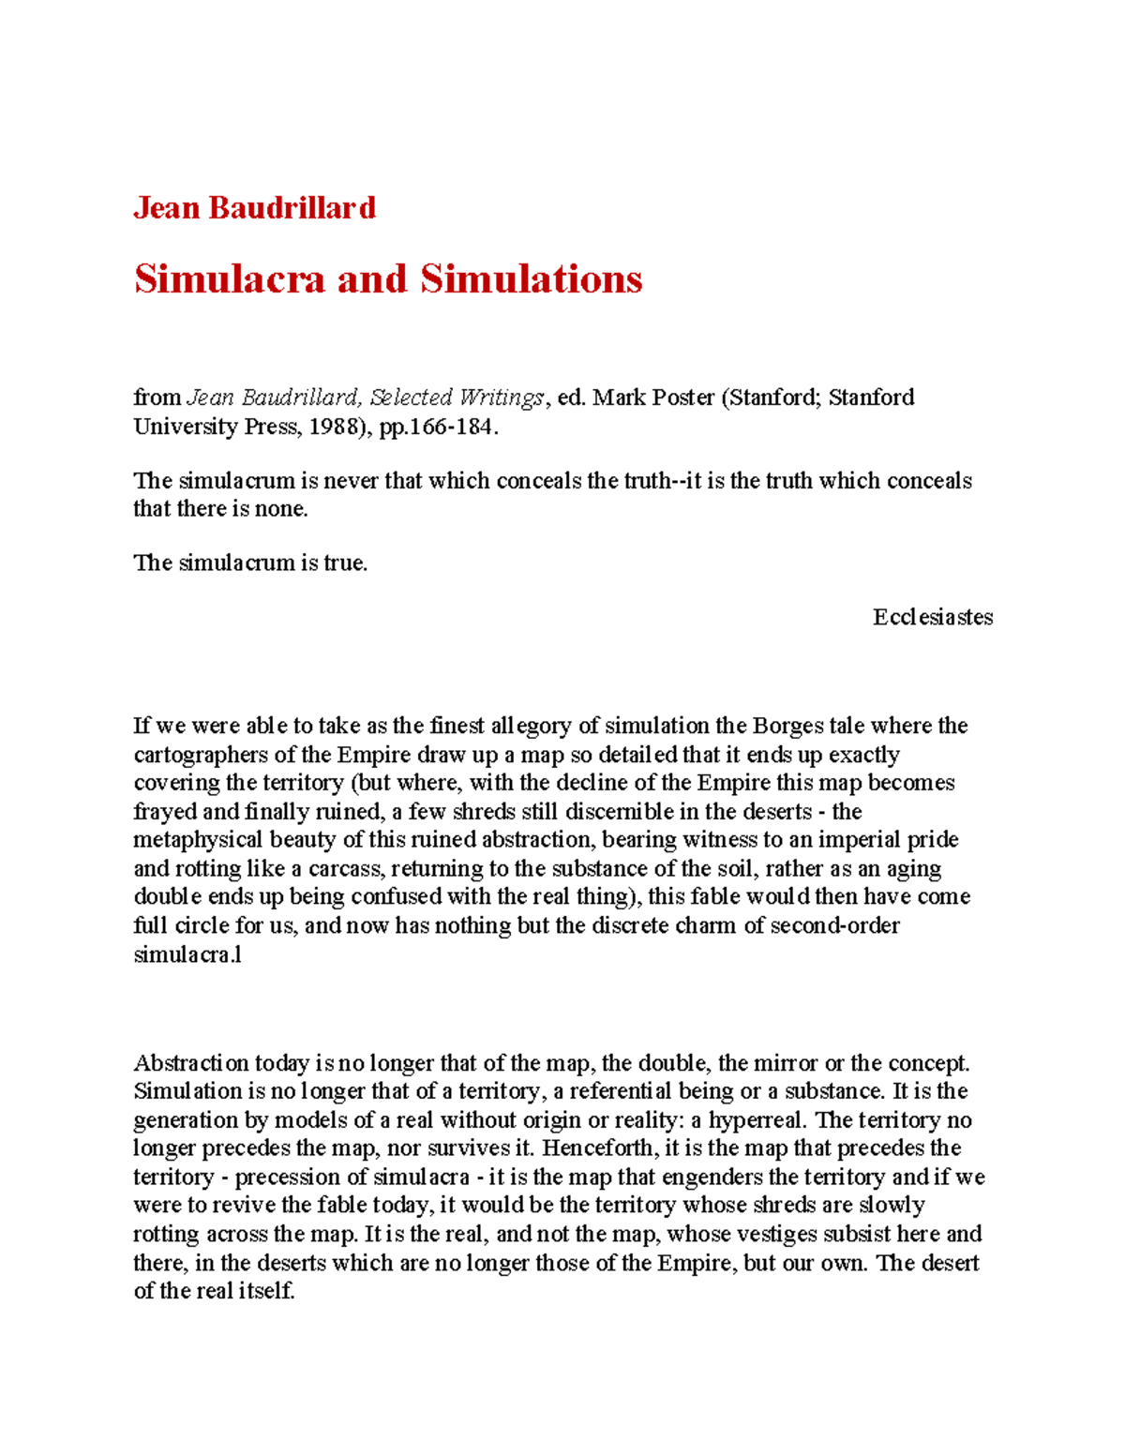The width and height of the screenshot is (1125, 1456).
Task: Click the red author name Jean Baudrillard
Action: pos(254,207)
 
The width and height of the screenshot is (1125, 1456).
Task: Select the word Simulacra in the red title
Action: pos(229,279)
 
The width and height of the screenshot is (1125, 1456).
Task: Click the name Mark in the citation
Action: pos(619,398)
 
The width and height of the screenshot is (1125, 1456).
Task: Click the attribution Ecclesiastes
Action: pos(933,617)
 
